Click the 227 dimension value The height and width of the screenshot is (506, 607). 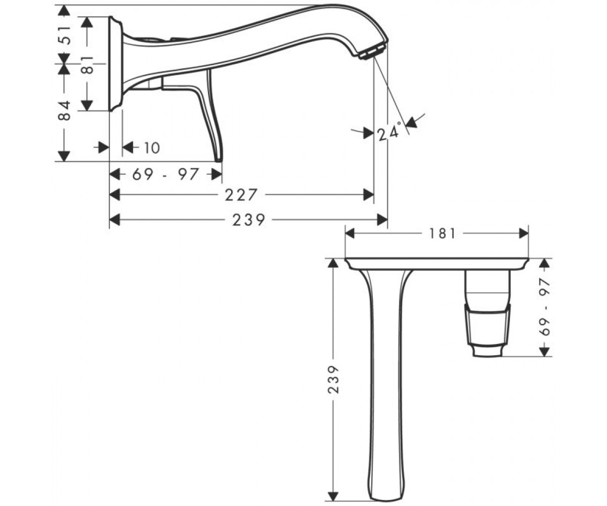click(241, 195)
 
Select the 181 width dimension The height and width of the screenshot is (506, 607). click(443, 233)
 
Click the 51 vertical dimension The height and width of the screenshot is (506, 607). click(65, 35)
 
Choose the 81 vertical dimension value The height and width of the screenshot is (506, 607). click(87, 64)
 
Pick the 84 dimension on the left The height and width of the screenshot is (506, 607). click(64, 110)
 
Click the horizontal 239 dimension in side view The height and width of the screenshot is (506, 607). click(249, 220)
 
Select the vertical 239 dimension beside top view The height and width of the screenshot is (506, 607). click(333, 379)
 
